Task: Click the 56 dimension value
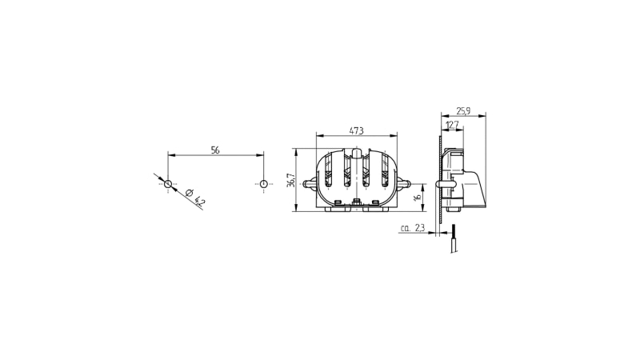(215, 150)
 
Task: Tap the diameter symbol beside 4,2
(189, 193)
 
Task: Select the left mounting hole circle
(168, 184)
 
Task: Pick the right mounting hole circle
(264, 184)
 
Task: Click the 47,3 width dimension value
(356, 130)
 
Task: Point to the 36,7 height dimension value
(290, 180)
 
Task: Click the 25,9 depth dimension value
(463, 110)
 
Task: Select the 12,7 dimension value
(452, 125)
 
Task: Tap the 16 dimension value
(417, 197)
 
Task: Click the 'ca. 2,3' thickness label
(413, 228)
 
